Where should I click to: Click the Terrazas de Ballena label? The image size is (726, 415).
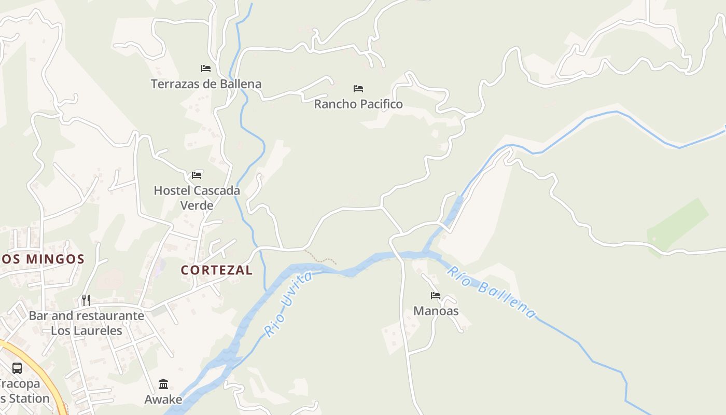coord(206,84)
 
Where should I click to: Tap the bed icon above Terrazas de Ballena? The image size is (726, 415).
coord(206,68)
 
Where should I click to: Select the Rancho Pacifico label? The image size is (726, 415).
coord(358,104)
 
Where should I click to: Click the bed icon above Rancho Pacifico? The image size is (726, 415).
coord(358,88)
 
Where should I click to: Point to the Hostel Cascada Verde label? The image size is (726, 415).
coord(197,198)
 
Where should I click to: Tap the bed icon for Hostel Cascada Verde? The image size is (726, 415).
coord(197,175)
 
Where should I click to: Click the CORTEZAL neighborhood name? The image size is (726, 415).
coord(217,270)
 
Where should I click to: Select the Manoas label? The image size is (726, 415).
coord(436,311)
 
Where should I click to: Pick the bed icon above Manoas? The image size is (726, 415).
coord(436,296)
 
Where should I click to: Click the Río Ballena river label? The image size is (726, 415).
coord(491,292)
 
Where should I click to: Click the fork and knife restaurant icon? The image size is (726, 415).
coord(86,300)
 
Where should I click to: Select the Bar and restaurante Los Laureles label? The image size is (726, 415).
coord(87,323)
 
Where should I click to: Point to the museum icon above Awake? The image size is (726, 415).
coord(163,384)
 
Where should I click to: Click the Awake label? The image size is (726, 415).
coord(163,399)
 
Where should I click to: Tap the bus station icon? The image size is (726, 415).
coord(17,368)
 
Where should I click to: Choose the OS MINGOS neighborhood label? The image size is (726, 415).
coord(43,259)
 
